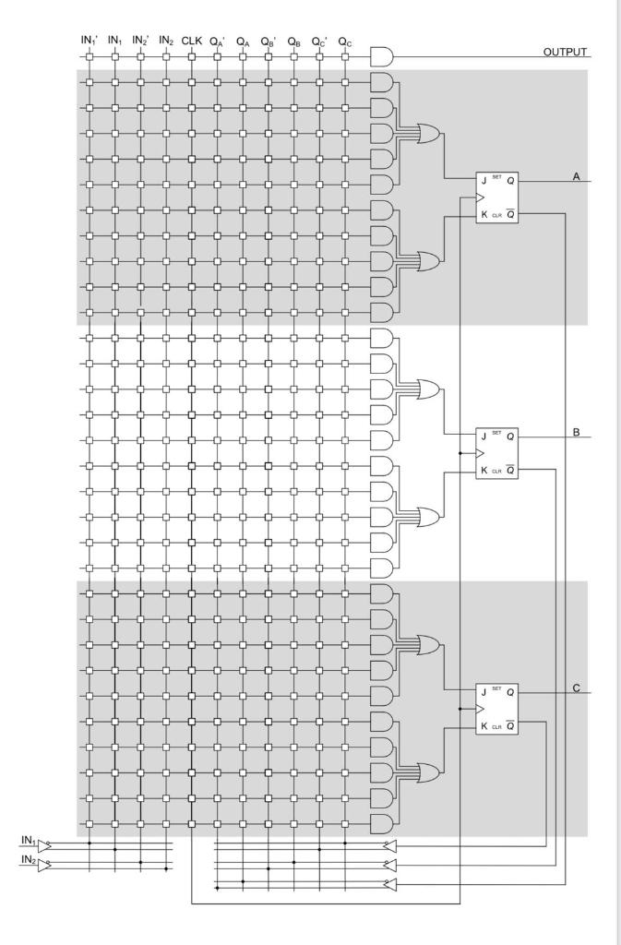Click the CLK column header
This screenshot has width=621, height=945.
(x=192, y=41)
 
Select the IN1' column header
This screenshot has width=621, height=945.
(x=90, y=41)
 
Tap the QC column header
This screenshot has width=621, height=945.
(x=345, y=41)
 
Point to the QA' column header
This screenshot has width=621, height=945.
(x=218, y=41)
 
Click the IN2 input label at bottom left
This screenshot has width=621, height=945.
(x=27, y=859)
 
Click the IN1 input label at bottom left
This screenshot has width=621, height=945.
(x=27, y=839)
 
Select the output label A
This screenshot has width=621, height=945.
(x=576, y=175)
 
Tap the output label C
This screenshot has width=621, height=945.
(x=576, y=688)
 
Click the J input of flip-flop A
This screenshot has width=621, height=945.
(x=483, y=181)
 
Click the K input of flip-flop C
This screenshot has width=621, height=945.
(x=483, y=727)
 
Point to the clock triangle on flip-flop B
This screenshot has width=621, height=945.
(x=480, y=454)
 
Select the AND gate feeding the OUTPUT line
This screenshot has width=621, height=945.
(x=380, y=57)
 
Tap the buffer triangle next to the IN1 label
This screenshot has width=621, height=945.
(x=43, y=843)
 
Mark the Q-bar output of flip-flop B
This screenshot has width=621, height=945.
(x=510, y=471)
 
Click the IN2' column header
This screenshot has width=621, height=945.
(x=141, y=41)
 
